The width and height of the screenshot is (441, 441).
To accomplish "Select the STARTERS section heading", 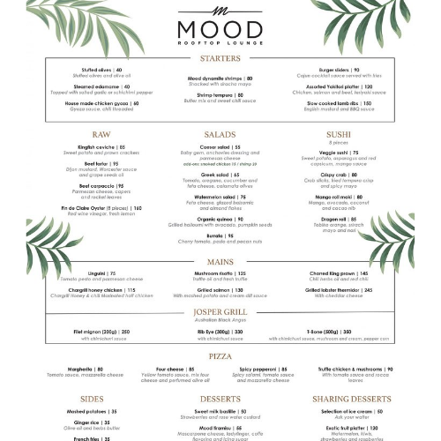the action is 220,58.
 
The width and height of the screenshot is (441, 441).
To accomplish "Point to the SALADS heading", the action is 220,134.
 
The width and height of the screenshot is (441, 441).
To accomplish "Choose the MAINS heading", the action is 220,261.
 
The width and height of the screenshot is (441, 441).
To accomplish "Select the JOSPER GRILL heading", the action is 220,312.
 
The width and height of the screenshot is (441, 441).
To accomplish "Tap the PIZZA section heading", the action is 220,355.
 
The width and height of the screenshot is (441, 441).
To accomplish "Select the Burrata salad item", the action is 220,235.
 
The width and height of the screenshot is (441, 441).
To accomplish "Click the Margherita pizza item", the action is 87,369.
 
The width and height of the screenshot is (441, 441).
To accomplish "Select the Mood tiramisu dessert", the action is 220,427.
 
